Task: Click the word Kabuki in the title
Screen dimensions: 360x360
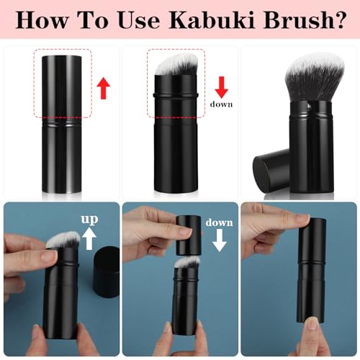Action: coord(205,19)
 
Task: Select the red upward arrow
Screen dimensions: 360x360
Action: coord(103,89)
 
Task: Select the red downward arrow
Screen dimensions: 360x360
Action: coord(222,87)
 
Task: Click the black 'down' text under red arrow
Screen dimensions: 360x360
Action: coord(222,104)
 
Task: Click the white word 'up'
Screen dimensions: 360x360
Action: coord(89,219)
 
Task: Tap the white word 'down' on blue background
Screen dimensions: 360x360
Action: coord(220,222)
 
